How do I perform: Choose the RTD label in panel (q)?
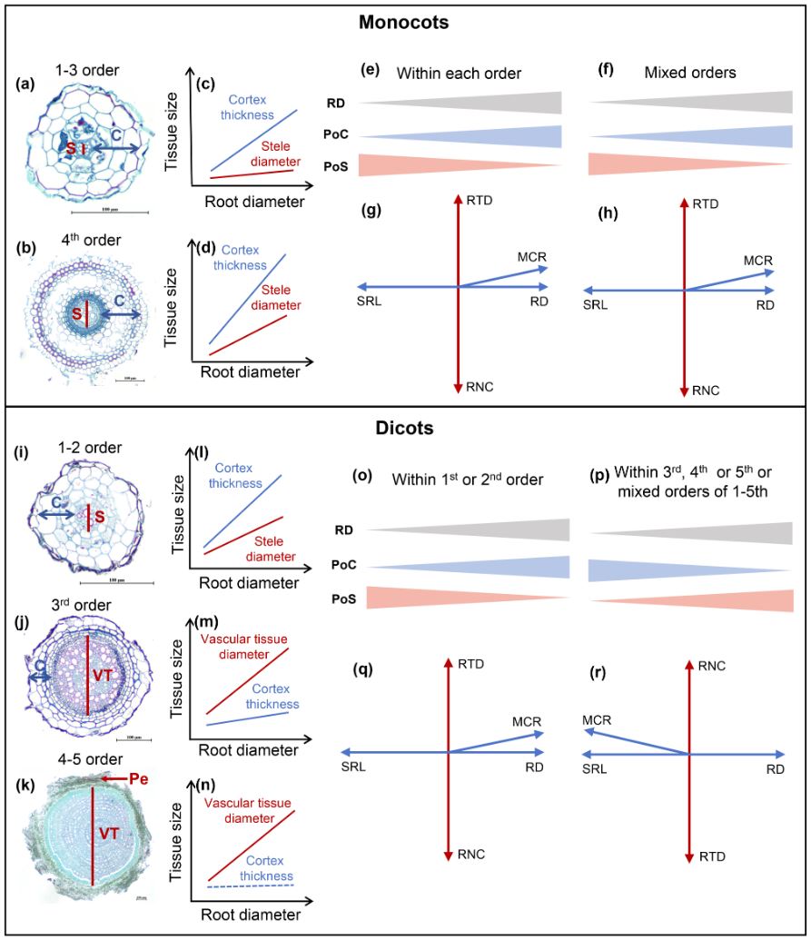(x=473, y=665)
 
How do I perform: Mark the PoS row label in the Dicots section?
(x=339, y=597)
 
